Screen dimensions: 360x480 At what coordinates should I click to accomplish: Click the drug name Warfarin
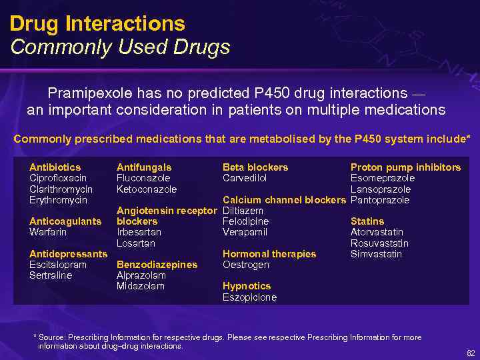(x=48, y=232)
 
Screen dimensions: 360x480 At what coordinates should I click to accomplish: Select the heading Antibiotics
(x=55, y=167)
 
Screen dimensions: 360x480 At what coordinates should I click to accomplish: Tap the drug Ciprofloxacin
(x=58, y=178)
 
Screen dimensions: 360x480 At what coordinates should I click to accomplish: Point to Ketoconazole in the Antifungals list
(x=147, y=189)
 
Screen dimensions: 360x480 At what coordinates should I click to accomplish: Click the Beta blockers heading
(x=255, y=167)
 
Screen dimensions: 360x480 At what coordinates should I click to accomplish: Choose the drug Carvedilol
(x=245, y=178)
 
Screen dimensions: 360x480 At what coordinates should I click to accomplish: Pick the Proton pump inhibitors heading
(x=405, y=167)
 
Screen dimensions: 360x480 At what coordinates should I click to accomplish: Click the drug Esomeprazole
(x=383, y=178)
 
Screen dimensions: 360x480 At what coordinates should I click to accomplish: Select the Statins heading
(x=367, y=221)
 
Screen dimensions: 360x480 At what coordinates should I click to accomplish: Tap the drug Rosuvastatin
(x=379, y=243)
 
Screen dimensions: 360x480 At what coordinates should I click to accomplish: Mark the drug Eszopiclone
(x=249, y=297)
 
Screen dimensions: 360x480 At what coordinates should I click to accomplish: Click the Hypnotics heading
(x=247, y=286)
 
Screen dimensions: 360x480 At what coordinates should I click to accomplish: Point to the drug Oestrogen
(x=246, y=265)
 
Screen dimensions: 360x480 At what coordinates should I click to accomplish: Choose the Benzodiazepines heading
(x=157, y=265)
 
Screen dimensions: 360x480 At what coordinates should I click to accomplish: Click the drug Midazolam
(x=141, y=286)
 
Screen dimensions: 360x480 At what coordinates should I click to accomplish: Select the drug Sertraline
(x=51, y=275)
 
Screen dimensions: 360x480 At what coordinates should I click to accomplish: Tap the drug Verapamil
(x=245, y=232)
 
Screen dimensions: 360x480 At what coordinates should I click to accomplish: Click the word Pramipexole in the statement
(x=89, y=93)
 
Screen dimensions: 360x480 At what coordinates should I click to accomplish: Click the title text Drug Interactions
(x=97, y=24)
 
